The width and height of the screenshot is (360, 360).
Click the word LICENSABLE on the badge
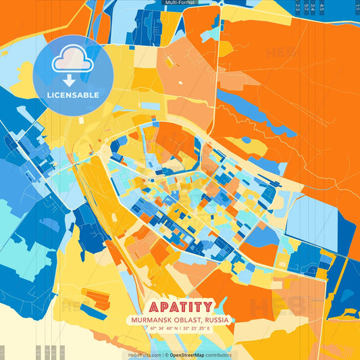[72, 95]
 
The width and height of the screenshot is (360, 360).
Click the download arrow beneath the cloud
[72, 78]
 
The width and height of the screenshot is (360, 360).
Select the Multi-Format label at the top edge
[180, 3]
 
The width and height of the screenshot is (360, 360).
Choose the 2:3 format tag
[297, 7]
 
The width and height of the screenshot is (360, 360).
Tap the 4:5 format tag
[322, 7]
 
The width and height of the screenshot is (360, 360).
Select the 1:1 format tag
[357, 7]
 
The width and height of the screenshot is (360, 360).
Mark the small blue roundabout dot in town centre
[153, 180]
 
